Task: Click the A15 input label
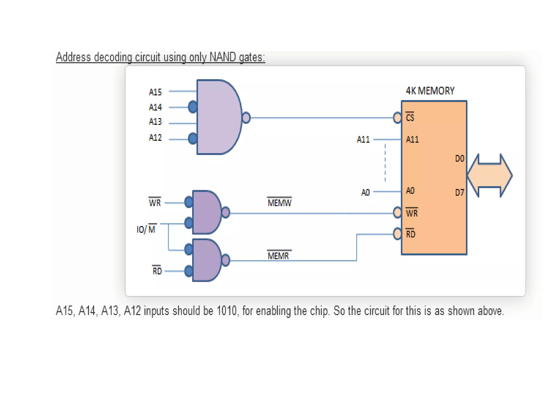(x=155, y=92)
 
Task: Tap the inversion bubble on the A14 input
(x=192, y=107)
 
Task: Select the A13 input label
(x=155, y=121)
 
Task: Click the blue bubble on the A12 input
(x=192, y=138)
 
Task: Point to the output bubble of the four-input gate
(x=246, y=118)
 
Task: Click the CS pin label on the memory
(x=410, y=117)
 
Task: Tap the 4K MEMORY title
(x=430, y=91)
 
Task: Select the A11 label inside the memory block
(x=412, y=140)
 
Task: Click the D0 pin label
(x=459, y=159)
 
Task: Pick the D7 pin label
(x=459, y=192)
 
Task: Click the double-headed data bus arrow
(x=490, y=175)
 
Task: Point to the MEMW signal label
(x=279, y=203)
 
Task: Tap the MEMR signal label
(x=278, y=255)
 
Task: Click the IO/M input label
(x=146, y=229)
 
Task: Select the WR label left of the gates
(x=155, y=203)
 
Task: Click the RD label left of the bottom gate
(x=157, y=271)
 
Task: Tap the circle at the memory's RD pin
(x=397, y=234)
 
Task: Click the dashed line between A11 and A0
(x=385, y=163)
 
